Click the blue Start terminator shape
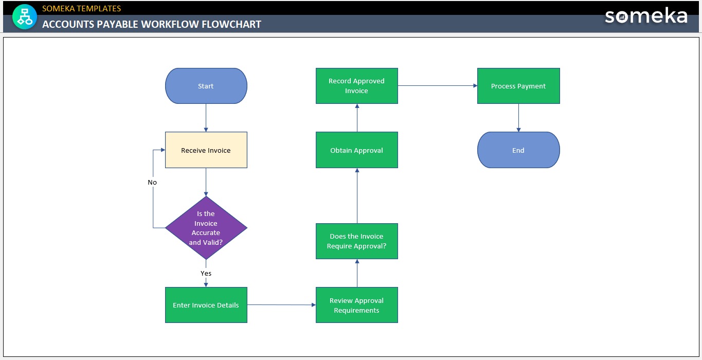pyautogui.click(x=206, y=86)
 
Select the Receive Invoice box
pyautogui.click(x=206, y=150)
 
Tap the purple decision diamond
pyautogui.click(x=206, y=227)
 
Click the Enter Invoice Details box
pyautogui.click(x=206, y=305)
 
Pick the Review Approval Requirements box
pyautogui.click(x=356, y=305)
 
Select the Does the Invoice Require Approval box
pyautogui.click(x=356, y=241)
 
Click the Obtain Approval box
pyautogui.click(x=356, y=150)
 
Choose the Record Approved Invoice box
pyautogui.click(x=356, y=86)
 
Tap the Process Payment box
pyautogui.click(x=518, y=86)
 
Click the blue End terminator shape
pyautogui.click(x=518, y=150)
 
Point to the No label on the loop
pyautogui.click(x=152, y=183)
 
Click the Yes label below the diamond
pyautogui.click(x=206, y=273)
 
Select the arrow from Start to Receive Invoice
pyautogui.click(x=206, y=118)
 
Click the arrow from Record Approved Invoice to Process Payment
pyautogui.click(x=437, y=86)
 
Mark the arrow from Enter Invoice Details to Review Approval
pyautogui.click(x=281, y=305)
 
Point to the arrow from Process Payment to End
pyautogui.click(x=518, y=118)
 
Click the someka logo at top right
pyautogui.click(x=646, y=16)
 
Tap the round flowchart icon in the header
pyautogui.click(x=25, y=16)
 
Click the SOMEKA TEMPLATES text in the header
pyautogui.click(x=82, y=8)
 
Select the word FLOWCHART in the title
pyautogui.click(x=231, y=24)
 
